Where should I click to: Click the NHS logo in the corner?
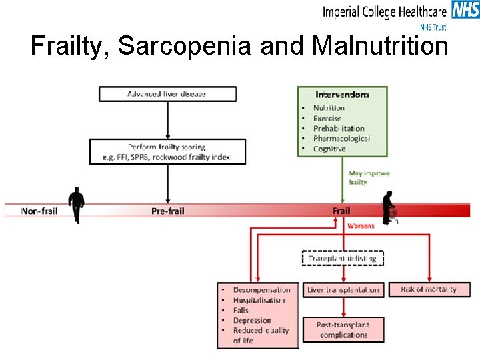pyautogui.click(x=465, y=10)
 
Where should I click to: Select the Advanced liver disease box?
pyautogui.click(x=167, y=94)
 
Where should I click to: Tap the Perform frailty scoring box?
pyautogui.click(x=167, y=151)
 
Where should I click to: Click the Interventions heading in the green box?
pyautogui.click(x=342, y=95)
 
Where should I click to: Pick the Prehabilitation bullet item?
pyautogui.click(x=339, y=128)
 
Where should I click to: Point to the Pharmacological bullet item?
pyautogui.click(x=341, y=139)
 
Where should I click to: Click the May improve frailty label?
pyautogui.click(x=369, y=177)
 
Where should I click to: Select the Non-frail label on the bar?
pyautogui.click(x=39, y=211)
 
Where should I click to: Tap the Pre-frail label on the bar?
pyautogui.click(x=167, y=211)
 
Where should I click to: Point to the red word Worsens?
pyautogui.click(x=361, y=226)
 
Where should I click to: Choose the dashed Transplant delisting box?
pyautogui.click(x=343, y=258)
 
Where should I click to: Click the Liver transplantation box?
pyautogui.click(x=343, y=290)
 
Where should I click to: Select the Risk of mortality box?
pyautogui.click(x=429, y=289)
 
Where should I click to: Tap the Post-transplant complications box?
pyautogui.click(x=343, y=329)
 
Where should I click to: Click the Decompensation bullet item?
pyautogui.click(x=261, y=290)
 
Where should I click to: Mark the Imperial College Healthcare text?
pyautogui.click(x=385, y=12)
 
